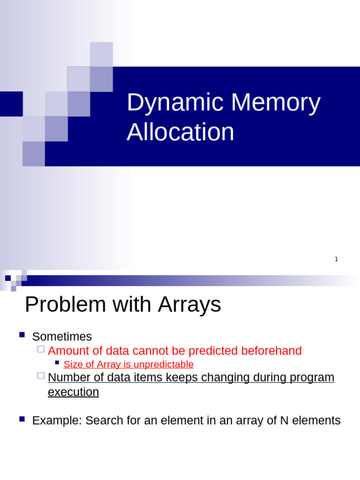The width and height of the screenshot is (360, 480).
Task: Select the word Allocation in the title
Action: [180, 132]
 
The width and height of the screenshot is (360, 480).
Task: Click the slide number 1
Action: [336, 259]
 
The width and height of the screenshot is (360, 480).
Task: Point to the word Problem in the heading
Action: [65, 305]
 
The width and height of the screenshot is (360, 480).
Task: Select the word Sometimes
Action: [62, 337]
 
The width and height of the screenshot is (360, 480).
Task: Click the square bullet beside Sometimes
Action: [22, 335]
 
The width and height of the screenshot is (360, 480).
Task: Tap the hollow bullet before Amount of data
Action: [41, 349]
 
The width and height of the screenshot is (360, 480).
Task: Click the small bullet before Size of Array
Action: [57, 362]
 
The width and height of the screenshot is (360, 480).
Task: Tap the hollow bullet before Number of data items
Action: [41, 375]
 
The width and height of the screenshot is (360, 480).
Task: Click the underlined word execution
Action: [73, 392]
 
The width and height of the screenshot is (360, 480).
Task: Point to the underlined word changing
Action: [228, 377]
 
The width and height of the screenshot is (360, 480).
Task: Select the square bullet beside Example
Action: [22, 419]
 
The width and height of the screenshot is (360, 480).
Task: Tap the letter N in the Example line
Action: [284, 420]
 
